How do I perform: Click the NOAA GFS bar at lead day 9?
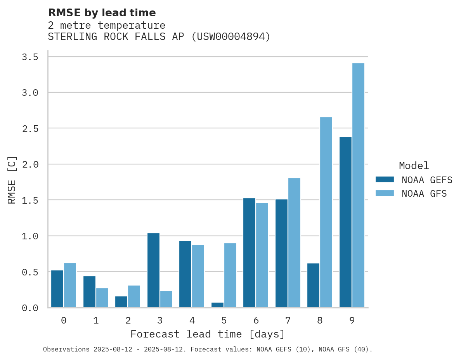[358, 185]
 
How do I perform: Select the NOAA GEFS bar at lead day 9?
[345, 222]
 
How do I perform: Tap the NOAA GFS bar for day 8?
[326, 212]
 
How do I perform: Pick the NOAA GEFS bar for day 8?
[313, 285]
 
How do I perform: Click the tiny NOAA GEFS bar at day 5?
[217, 305]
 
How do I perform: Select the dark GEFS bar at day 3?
[153, 270]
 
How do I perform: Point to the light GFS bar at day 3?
[166, 299]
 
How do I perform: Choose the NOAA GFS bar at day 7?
[294, 242]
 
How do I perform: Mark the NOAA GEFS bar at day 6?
[249, 253]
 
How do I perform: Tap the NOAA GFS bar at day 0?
[70, 285]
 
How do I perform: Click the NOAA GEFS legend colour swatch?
[385, 180]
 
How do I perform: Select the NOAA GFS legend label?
[424, 194]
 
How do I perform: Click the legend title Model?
[414, 166]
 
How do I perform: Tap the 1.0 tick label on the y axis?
[30, 236]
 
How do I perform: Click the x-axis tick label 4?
[192, 320]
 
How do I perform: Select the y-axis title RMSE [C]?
[12, 180]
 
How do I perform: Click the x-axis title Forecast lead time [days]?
[208, 334]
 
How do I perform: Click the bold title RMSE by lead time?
[102, 13]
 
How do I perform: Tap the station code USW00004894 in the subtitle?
[230, 37]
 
